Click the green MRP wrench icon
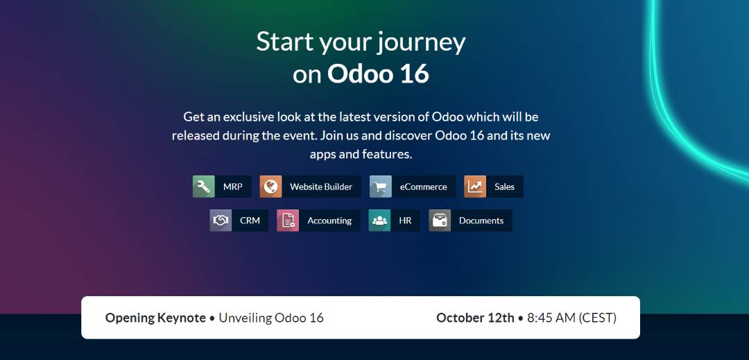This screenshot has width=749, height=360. (203, 187)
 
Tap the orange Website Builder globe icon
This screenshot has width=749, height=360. (271, 187)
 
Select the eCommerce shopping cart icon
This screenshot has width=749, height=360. (380, 187)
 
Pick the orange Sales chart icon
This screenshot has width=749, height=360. (475, 187)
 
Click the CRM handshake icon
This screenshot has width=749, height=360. (221, 221)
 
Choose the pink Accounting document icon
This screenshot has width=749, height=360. (288, 221)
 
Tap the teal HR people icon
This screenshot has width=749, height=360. (379, 221)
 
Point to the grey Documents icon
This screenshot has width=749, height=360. (440, 221)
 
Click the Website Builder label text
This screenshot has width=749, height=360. (321, 187)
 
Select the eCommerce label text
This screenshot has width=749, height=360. (423, 187)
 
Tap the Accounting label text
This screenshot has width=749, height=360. (329, 221)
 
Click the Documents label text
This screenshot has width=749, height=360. (481, 221)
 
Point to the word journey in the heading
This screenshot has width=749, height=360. (421, 42)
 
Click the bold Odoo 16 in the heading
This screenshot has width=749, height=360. (378, 74)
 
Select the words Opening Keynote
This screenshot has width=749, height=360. (156, 318)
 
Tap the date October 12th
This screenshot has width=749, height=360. (475, 318)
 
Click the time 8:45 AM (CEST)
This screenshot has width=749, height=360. (571, 318)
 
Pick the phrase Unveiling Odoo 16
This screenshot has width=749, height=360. (271, 318)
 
